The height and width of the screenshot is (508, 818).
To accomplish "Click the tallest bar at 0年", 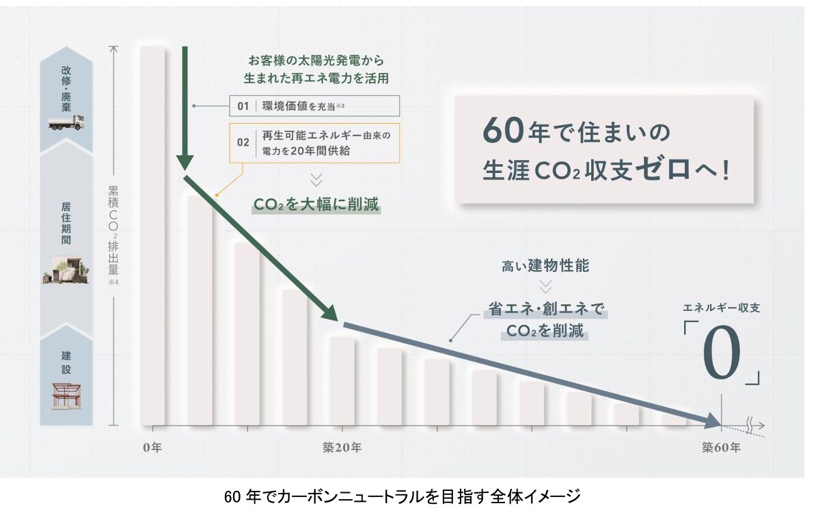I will point(152,236).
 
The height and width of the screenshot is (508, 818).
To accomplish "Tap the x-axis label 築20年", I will point(342,448).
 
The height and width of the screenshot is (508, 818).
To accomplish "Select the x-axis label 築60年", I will point(720,448).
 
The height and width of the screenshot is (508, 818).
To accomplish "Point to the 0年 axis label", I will point(152,448).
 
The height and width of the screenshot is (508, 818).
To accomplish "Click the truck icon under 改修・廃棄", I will point(66,122).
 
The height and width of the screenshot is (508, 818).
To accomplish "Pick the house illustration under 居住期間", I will point(66,270).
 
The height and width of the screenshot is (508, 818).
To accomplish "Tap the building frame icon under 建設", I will point(66,396).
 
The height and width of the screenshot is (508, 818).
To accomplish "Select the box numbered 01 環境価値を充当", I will point(314,106).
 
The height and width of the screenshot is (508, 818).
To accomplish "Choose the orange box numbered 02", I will point(314,143).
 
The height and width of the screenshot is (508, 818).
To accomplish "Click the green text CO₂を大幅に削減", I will point(316,204).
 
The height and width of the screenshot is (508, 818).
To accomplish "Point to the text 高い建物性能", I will point(545,266).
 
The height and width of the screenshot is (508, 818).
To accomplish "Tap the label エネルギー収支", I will point(722,308).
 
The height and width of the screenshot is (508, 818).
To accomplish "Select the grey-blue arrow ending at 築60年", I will point(533,371).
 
